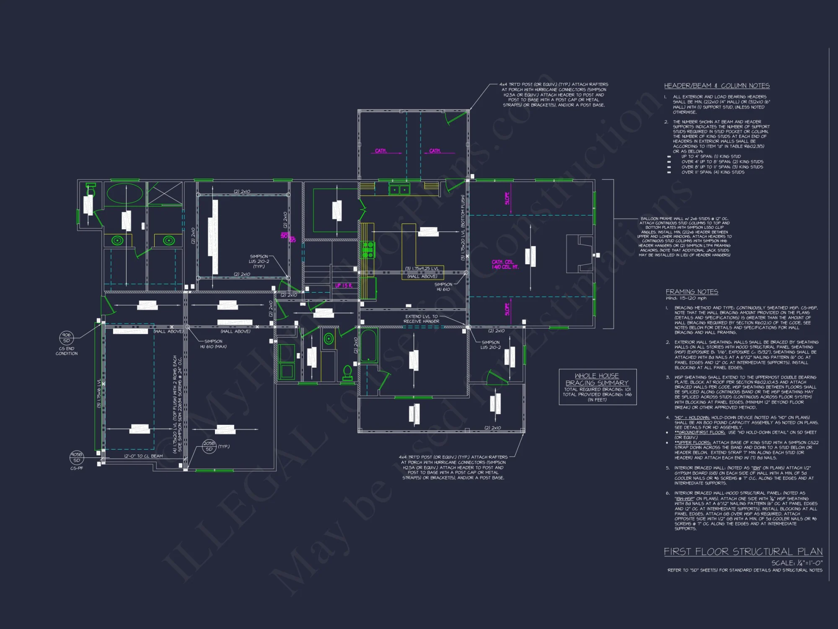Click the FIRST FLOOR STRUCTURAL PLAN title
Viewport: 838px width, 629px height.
click(743, 551)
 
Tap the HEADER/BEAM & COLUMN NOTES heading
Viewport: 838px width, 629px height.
click(716, 86)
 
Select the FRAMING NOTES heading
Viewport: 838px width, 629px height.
click(692, 291)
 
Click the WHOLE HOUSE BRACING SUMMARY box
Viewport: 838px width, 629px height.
click(597, 387)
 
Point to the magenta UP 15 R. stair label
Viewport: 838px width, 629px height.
click(344, 286)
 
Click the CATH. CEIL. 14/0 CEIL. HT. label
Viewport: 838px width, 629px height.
click(505, 264)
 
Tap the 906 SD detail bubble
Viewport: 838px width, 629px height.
click(66, 338)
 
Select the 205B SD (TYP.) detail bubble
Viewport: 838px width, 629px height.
click(209, 446)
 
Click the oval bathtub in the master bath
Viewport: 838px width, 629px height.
click(124, 193)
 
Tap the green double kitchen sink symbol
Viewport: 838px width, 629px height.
click(399, 190)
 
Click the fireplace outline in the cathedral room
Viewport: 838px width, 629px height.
click(579, 254)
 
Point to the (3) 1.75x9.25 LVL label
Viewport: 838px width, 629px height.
click(422, 269)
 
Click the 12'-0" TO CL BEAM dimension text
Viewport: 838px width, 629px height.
click(143, 456)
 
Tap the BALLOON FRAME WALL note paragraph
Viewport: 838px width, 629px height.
click(684, 237)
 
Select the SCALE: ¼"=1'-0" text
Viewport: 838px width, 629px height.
click(797, 563)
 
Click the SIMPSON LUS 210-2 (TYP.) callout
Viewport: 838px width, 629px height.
click(259, 261)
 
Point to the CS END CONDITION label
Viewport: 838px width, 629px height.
click(66, 351)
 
